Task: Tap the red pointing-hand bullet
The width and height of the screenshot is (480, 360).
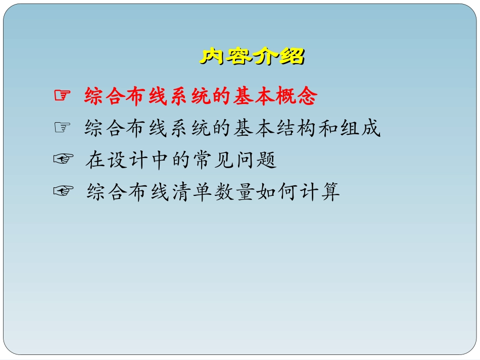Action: pos(61,95)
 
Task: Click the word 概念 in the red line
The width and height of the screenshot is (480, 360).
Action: pos(297,96)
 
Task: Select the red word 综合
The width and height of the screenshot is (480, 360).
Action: pos(105,96)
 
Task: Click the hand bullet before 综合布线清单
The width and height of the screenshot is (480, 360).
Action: pos(63,191)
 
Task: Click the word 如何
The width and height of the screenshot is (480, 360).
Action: pos(276,192)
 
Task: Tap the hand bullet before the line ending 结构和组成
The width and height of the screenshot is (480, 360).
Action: pos(61,128)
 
